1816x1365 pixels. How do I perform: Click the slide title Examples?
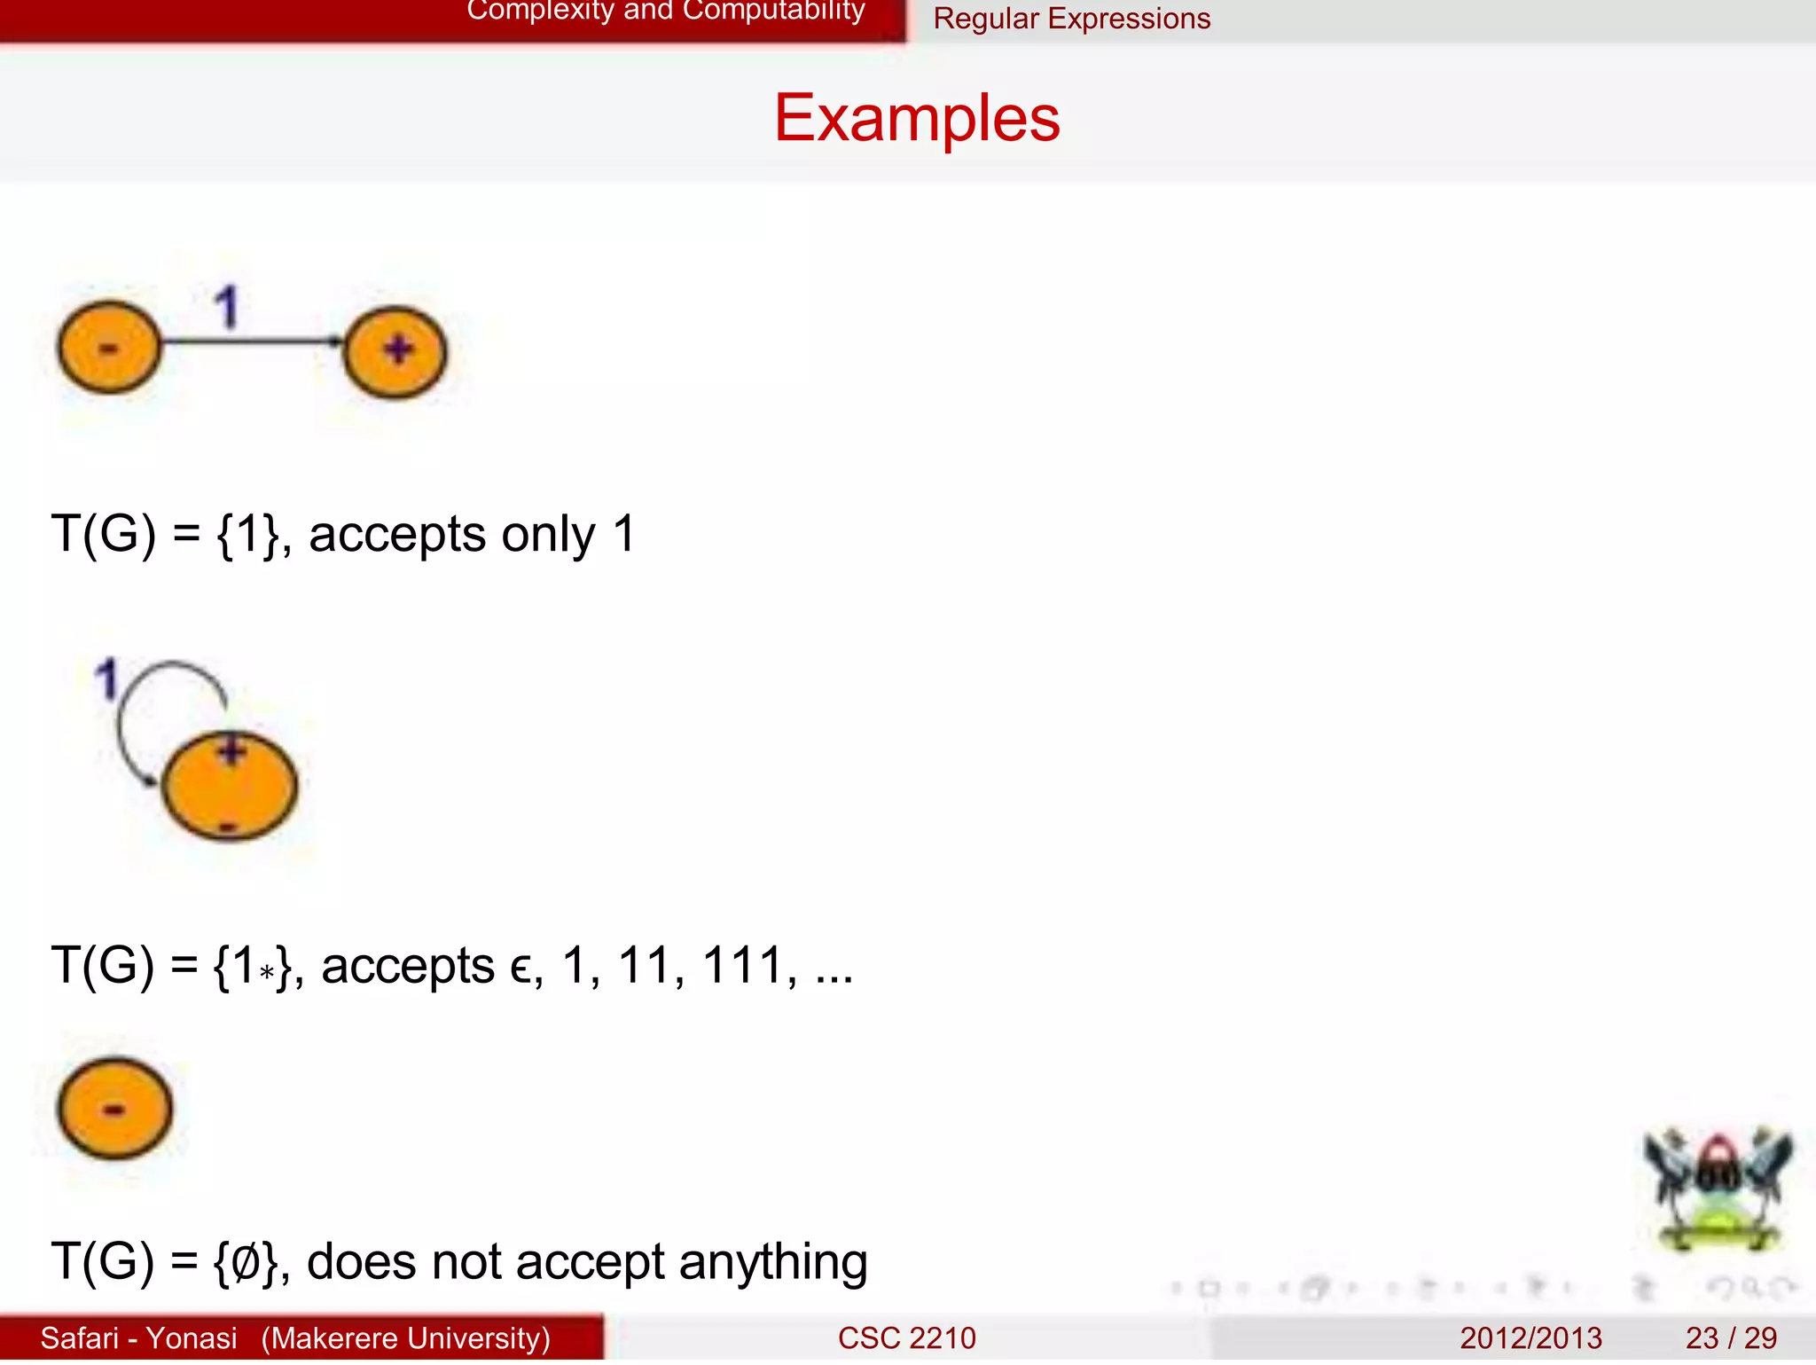917,118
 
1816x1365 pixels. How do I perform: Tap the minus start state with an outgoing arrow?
109,347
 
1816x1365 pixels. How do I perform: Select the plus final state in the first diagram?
395,351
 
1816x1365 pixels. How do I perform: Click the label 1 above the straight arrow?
227,307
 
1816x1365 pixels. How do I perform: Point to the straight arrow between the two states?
253,341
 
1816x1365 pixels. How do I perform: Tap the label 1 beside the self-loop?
107,679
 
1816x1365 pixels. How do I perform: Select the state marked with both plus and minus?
230,787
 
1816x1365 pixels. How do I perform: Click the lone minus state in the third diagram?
114,1109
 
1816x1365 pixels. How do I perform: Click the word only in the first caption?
547,535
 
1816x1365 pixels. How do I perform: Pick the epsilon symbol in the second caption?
522,969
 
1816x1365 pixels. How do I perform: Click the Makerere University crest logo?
1718,1188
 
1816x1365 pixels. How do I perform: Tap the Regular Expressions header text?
1071,19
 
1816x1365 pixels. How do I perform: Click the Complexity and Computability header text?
665,12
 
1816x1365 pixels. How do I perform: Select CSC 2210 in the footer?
906,1338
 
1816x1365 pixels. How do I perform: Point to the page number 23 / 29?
1730,1338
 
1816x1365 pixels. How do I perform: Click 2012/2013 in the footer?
1530,1338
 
